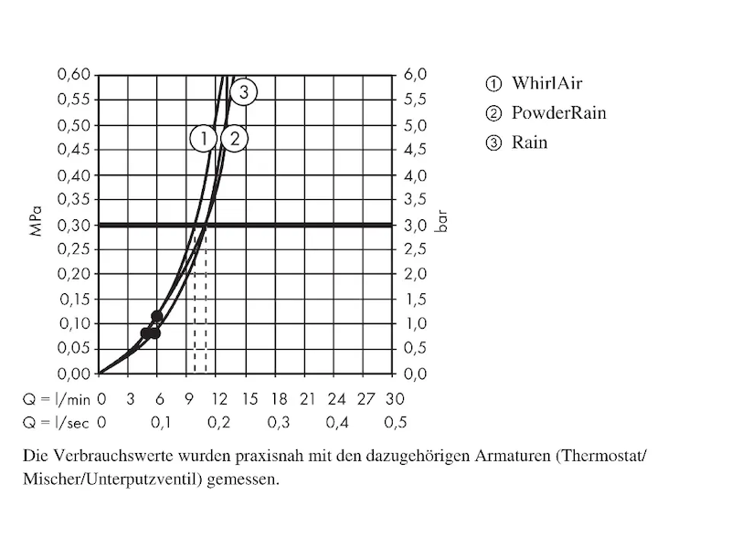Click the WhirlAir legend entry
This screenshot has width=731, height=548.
click(546, 84)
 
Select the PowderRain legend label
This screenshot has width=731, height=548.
click(557, 113)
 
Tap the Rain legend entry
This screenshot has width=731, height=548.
click(529, 142)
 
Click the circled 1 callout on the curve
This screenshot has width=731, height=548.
click(204, 139)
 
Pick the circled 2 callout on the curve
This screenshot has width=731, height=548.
click(235, 139)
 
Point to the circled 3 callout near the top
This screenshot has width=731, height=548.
click(243, 90)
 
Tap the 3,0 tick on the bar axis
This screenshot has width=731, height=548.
click(416, 225)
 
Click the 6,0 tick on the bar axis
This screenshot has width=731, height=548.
click(416, 75)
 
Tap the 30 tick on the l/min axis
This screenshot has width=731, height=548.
click(395, 399)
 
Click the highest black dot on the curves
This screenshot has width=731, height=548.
click(156, 316)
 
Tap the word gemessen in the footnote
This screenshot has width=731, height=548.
click(245, 479)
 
